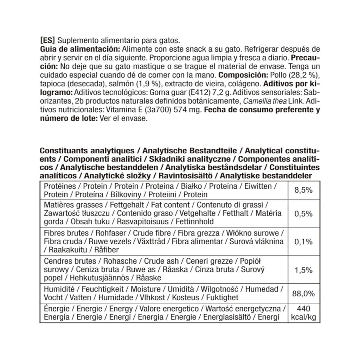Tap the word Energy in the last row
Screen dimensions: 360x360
coord(121,309)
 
